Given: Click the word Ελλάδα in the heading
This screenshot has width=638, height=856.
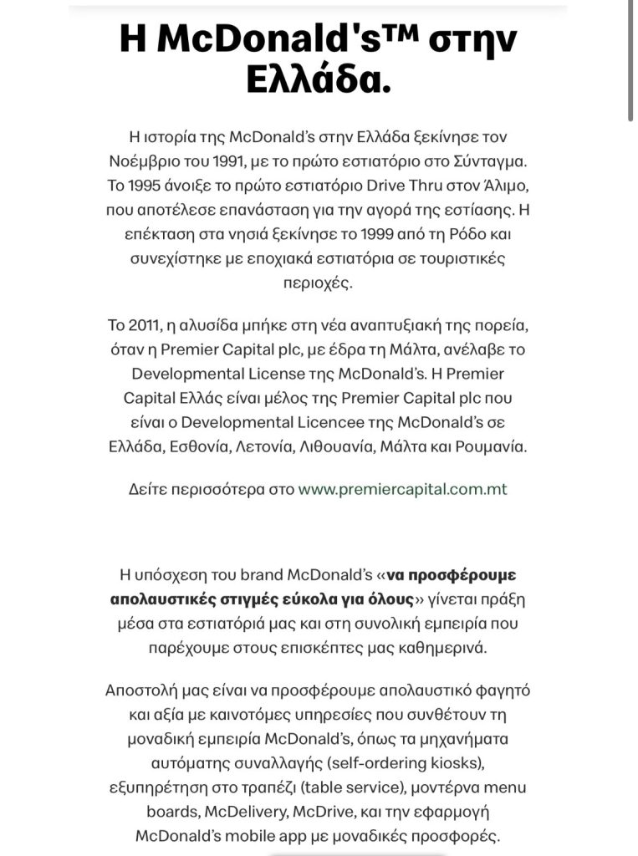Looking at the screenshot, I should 319,82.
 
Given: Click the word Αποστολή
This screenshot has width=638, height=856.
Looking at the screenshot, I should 139,690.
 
